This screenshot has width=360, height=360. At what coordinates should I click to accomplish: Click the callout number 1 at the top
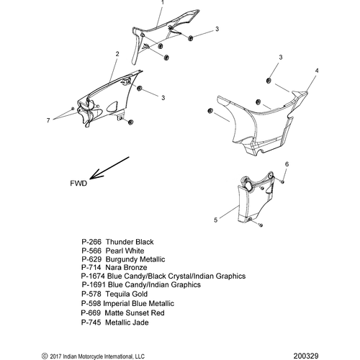point(163,3)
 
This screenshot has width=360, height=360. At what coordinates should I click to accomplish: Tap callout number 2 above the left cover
point(117,54)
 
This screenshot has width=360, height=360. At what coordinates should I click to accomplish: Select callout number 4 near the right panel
point(317,71)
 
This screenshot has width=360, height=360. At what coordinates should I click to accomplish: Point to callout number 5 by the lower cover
point(215,220)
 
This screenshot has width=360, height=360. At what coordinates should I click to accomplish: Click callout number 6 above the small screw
point(287,164)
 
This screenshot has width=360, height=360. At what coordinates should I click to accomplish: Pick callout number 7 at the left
point(48,120)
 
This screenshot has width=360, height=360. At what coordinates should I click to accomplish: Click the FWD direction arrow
point(109,168)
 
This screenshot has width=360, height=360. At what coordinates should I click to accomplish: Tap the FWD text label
point(78,184)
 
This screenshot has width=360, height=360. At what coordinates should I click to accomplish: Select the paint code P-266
point(91,242)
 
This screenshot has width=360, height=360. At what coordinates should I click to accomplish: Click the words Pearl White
point(125,251)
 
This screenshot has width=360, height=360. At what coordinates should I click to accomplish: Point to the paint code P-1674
point(93,276)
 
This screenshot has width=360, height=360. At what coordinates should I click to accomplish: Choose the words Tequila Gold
point(127,294)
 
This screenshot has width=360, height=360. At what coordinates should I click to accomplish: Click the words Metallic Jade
point(127,323)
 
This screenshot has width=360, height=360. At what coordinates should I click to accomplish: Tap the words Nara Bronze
point(126,267)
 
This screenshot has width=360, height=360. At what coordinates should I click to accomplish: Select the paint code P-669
point(91,313)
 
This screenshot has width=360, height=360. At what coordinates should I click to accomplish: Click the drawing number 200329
point(306,356)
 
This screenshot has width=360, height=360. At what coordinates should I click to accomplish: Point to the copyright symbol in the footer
point(45,356)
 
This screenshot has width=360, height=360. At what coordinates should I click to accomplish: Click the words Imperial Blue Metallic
point(138,304)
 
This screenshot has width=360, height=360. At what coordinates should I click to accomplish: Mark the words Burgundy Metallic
point(135,259)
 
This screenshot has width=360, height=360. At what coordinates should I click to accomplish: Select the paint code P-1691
point(94,285)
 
